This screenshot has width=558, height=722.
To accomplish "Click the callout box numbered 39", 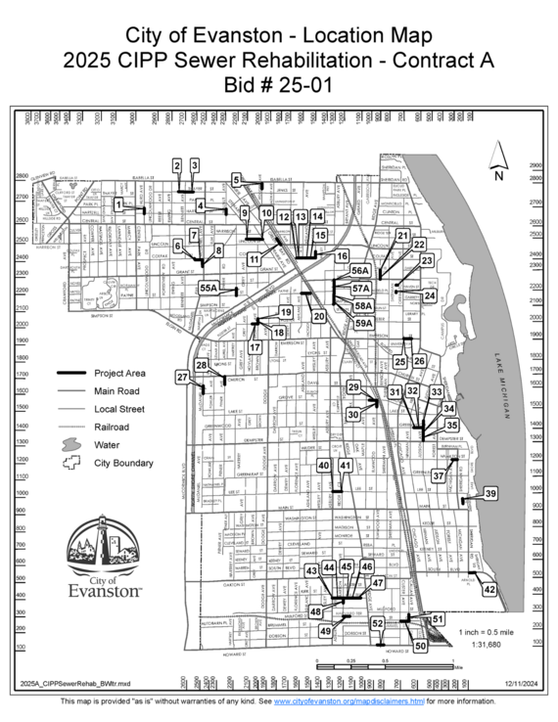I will click(491, 495).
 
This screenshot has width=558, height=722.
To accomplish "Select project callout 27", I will click(182, 377).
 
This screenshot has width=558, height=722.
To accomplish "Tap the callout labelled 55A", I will click(208, 289).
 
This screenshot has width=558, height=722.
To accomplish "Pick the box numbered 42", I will click(489, 590).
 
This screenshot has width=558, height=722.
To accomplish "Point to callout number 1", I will click(118, 204).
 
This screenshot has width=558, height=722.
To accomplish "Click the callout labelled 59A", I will click(363, 322).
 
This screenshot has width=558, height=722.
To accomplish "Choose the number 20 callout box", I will click(319, 317).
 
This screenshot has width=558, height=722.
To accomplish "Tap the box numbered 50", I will click(421, 646).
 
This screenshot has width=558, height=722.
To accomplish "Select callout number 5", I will click(237, 179).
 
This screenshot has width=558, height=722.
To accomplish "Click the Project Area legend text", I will click(120, 374).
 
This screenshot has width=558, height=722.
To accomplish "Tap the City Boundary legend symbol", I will click(72, 463).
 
